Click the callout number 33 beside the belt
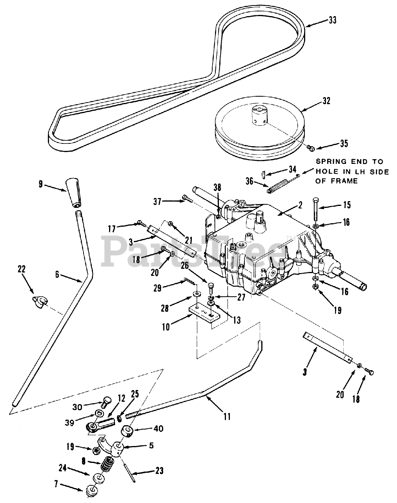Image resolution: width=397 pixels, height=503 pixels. point(333,20)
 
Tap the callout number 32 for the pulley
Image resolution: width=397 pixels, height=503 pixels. point(326,101)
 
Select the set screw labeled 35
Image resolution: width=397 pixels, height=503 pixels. point(311,148)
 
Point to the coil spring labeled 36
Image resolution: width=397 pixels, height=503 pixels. point(277,186)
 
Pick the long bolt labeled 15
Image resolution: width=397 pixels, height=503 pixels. point(315,209)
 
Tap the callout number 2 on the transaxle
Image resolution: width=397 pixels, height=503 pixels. point(300,205)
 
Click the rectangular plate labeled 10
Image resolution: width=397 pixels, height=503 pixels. point(205,315)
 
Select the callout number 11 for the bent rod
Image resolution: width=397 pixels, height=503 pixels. point(227,417)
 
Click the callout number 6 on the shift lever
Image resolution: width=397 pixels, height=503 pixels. point(57,274)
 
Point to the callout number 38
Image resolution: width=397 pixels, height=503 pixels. point(217,187)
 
